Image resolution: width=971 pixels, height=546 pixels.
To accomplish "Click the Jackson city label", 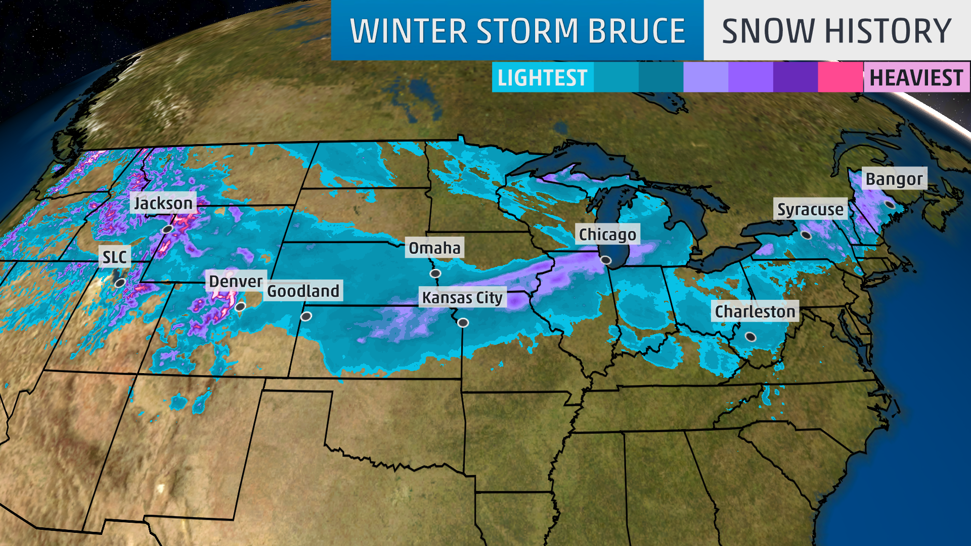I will point(163,203).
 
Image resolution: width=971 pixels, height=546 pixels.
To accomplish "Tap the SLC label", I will point(115,257).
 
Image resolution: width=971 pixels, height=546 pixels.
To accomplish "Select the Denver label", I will point(236,281).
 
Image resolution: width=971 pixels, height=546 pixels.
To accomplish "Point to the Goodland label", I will point(303,291).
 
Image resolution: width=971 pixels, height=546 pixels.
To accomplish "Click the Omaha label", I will point(434,248).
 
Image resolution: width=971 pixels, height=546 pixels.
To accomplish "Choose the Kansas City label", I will point(462,297).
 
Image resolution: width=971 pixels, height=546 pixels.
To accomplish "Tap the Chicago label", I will point(607,234).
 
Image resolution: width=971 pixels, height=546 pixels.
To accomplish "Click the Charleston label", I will point(755,311).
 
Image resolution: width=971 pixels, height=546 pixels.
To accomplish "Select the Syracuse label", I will point(810,209).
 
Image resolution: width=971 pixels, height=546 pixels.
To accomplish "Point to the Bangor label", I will point(894,178).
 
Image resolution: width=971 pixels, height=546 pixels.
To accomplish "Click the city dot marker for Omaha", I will point(435,274).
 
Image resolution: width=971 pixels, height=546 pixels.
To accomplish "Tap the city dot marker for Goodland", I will point(306,316).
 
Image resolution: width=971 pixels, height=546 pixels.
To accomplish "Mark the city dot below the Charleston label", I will point(751,337).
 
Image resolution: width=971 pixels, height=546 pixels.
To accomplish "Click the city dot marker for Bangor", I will point(890,205).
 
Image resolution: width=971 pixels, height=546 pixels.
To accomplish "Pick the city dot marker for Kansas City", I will point(463,323).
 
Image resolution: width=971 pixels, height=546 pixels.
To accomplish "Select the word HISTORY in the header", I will point(888,31).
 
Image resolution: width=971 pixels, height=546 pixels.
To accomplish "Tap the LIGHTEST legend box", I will point(542,77).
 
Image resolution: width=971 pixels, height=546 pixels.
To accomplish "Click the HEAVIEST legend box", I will point(916,77).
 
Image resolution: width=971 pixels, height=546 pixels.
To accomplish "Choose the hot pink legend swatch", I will point(840,77).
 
